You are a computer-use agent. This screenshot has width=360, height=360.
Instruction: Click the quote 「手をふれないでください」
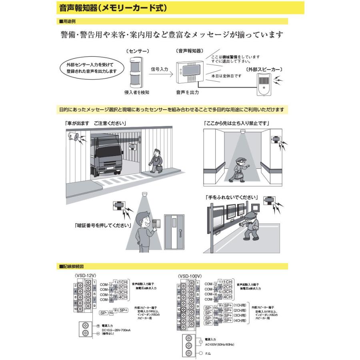pyautogui.click(x=231, y=198)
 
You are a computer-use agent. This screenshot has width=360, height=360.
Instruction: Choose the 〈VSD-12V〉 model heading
pyautogui.click(x=83, y=276)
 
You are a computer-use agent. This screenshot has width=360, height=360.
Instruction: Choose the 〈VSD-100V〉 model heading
pyautogui.click(x=189, y=276)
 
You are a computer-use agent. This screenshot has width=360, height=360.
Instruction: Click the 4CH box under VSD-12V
pyautogui.click(x=122, y=297)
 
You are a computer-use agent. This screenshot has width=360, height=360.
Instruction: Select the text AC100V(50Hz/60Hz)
pyautogui.click(x=219, y=344)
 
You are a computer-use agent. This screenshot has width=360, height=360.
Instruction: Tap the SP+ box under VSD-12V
pyautogui.click(x=122, y=310)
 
